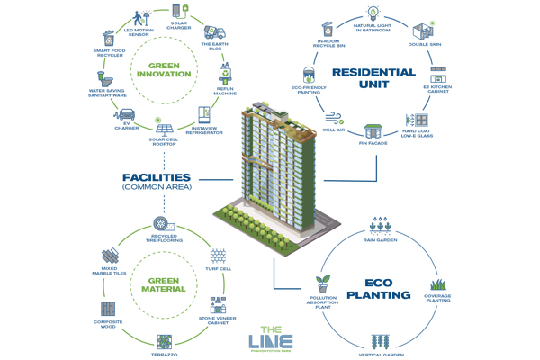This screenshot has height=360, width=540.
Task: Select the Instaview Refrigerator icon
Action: [x=203, y=114]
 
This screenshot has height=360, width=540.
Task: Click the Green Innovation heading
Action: [x=164, y=75]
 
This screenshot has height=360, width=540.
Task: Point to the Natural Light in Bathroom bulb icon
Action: [x=372, y=13]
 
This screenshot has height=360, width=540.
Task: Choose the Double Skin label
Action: [x=426, y=44]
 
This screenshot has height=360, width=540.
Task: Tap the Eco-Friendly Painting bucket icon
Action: [x=308, y=75]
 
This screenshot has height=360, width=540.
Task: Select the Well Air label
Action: [x=336, y=131]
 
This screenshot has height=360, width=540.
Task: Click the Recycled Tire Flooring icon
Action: [x=162, y=223]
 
